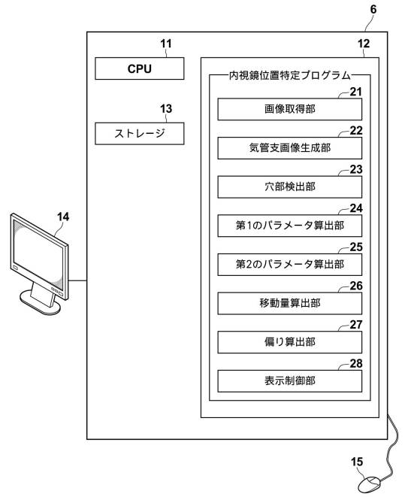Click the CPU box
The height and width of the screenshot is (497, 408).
coord(139,68)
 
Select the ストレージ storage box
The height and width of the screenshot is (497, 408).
coord(139,133)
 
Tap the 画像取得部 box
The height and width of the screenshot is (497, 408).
coord(289,109)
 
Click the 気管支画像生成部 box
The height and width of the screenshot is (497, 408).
coord(289,148)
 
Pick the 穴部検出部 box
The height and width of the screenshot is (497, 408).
coord(289,186)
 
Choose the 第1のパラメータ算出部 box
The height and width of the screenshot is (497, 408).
coord(289,226)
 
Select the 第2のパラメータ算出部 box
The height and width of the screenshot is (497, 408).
coord(289,265)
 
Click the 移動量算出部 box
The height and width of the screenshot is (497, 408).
coord(289,303)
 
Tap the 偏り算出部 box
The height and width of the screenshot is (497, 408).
coord(289,342)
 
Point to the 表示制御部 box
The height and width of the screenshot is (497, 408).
coord(289,381)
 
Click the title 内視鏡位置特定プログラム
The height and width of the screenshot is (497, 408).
coord(290,75)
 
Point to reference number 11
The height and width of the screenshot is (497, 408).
coord(166,44)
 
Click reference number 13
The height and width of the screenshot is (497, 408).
coord(166,109)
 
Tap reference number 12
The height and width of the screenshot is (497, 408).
coord(364,44)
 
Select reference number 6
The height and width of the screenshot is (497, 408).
coord(373,10)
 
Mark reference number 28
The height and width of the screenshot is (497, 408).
coord(356,364)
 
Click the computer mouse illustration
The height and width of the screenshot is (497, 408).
coord(370,485)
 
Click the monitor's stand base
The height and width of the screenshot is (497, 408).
coord(41,304)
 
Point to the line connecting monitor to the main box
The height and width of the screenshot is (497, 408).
coord(77,280)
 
